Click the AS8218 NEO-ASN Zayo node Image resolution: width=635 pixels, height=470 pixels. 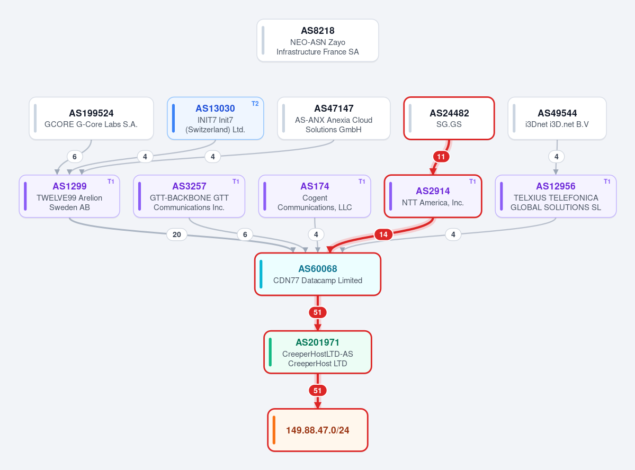pos(318,40)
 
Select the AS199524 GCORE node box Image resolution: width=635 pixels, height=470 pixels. pos(91,118)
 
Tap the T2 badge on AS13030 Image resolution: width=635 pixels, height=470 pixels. pos(255,104)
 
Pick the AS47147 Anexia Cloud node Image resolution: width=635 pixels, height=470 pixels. pos(334,118)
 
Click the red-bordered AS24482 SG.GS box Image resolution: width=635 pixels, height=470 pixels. pos(449,118)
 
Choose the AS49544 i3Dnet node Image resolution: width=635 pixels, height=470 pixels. pos(557,118)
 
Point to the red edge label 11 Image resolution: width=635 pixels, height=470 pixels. pos(441,157)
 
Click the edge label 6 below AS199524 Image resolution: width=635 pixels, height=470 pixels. pos(75,157)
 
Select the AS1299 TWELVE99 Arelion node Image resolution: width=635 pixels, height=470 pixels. pos(69,196)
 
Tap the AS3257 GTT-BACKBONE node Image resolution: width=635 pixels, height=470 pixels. pos(189,196)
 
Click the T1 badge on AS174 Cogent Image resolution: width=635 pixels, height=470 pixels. pos(362,182)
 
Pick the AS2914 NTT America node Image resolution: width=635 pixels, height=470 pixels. pos(433,196)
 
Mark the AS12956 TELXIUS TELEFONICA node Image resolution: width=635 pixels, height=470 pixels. pos(556,196)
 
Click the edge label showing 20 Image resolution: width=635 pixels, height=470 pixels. pos(177,234)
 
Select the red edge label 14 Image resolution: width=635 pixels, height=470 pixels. pos(383,234)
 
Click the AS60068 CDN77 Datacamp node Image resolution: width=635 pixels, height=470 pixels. pos(318,274)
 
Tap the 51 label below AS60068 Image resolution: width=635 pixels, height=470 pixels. pos(318,312)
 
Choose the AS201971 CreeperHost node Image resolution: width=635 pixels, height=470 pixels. pos(318,352)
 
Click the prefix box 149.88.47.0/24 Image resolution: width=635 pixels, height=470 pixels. pos(318,430)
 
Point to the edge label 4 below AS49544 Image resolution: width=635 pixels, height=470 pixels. pos(557,157)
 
